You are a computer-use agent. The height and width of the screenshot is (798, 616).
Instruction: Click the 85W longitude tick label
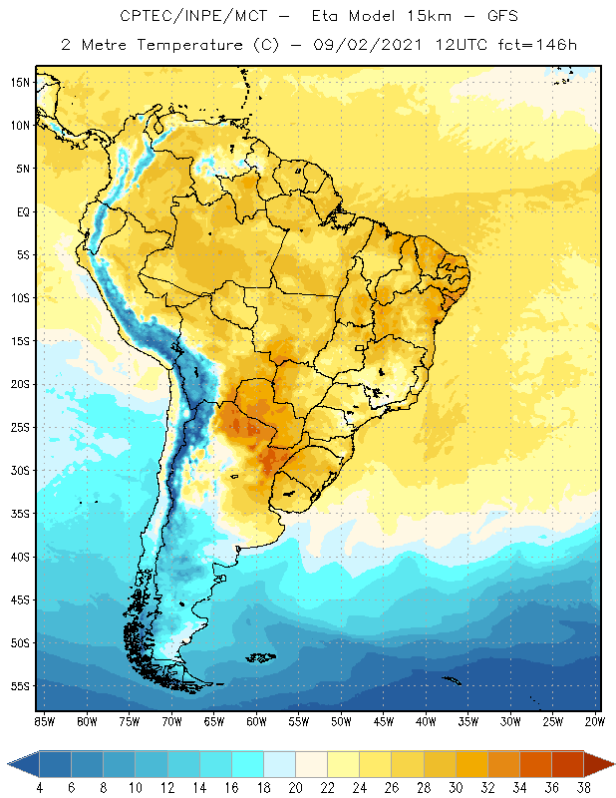[x=44, y=721]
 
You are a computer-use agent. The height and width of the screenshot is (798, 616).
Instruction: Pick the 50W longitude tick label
[x=341, y=721]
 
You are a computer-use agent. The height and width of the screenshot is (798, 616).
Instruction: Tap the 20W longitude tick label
[x=595, y=721]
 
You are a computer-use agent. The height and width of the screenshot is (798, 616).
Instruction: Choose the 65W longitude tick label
[x=213, y=721]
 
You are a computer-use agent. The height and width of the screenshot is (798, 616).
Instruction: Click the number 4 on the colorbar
[x=40, y=787]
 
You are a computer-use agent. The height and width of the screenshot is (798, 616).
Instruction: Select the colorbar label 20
[x=295, y=787]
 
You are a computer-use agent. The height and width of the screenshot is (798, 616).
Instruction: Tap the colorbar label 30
[x=456, y=787]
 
